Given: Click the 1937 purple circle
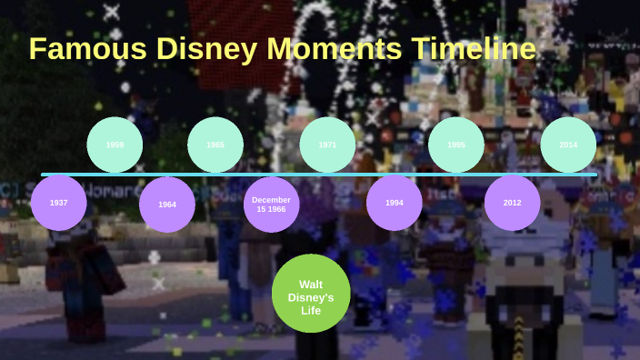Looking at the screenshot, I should pyautogui.click(x=58, y=203).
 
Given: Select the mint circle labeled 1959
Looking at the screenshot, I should pyautogui.click(x=115, y=145).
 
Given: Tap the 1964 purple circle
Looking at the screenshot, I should pyautogui.click(x=167, y=205).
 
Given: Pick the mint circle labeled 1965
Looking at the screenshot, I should pyautogui.click(x=215, y=145).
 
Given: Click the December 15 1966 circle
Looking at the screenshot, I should pyautogui.click(x=271, y=205).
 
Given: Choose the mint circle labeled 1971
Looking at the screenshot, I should pyautogui.click(x=327, y=145).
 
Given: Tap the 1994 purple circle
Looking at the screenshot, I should pyautogui.click(x=394, y=203).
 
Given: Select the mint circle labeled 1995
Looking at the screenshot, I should pyautogui.click(x=456, y=145).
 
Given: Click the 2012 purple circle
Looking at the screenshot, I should pyautogui.click(x=512, y=203).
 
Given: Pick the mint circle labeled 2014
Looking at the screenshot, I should pyautogui.click(x=568, y=145).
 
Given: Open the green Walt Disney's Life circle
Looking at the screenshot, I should pyautogui.click(x=311, y=293).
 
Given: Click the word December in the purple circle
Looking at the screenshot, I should pyautogui.click(x=271, y=199).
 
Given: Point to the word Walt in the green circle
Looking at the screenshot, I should pyautogui.click(x=311, y=284).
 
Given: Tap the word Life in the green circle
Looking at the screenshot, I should pyautogui.click(x=311, y=310).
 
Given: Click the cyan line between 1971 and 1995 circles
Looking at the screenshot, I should pyautogui.click(x=392, y=174).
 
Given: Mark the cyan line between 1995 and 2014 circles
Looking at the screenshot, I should pyautogui.click(x=512, y=174).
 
